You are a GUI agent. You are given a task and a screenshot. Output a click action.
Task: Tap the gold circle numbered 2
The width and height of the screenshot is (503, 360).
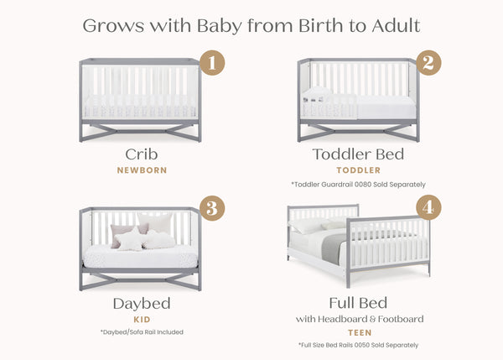(x=430, y=62)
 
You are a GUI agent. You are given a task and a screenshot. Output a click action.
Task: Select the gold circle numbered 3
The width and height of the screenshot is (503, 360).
(x=213, y=208)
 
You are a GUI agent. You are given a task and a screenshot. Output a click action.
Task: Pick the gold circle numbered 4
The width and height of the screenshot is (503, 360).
(x=428, y=207)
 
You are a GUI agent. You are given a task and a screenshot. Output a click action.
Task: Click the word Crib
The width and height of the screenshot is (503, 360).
(x=140, y=154)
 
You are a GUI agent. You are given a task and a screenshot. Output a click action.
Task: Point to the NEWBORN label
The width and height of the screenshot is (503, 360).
(x=140, y=170)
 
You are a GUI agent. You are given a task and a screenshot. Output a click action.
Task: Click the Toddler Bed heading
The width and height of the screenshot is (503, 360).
(x=358, y=154)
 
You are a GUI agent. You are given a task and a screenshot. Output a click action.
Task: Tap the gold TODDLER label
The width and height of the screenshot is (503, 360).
(x=358, y=170)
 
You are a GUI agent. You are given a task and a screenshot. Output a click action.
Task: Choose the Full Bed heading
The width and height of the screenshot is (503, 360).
(x=358, y=303)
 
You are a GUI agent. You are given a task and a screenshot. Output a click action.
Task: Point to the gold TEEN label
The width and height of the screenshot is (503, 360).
(x=358, y=332)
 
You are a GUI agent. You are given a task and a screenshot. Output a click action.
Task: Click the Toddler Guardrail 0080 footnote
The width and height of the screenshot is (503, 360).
(x=358, y=184)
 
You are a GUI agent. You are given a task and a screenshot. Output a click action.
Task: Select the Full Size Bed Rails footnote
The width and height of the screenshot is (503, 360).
(x=358, y=346)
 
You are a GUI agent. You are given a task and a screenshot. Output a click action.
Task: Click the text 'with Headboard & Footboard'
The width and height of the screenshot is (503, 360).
(x=358, y=319)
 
